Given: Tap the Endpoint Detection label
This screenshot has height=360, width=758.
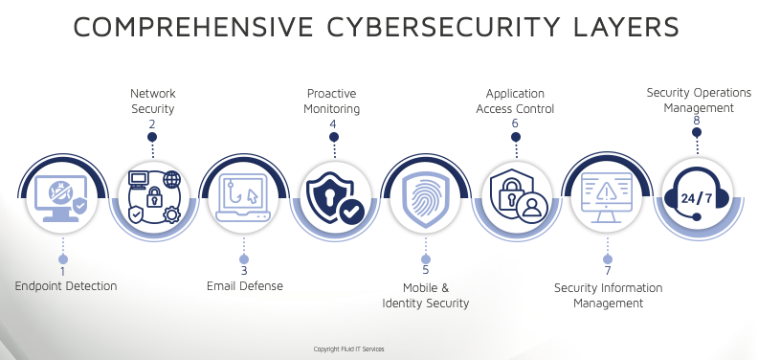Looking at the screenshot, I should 66,285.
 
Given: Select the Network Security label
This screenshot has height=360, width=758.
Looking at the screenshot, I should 152,101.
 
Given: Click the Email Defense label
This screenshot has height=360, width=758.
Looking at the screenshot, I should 244,285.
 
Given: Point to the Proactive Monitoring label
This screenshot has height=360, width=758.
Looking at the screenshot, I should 333,101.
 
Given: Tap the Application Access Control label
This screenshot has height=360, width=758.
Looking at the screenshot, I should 515,101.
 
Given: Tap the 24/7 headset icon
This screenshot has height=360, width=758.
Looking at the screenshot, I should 696,196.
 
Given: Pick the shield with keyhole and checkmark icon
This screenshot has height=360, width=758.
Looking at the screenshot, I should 333,197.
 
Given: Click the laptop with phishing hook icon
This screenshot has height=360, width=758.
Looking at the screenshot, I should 244,198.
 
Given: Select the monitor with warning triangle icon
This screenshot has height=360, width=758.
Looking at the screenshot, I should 607,198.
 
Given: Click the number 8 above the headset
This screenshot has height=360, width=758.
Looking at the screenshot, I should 696,122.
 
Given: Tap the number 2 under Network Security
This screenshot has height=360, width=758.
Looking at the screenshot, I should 152,124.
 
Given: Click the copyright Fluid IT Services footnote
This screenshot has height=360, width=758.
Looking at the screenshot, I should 348,349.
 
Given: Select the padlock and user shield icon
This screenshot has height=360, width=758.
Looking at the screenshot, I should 515,197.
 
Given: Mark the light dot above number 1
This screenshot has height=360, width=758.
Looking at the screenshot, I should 63,259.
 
